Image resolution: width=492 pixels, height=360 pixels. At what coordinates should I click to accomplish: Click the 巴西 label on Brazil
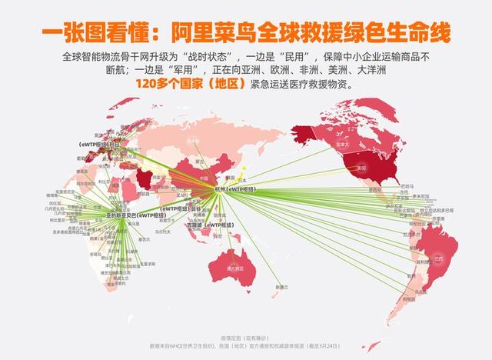click(x=439, y=258)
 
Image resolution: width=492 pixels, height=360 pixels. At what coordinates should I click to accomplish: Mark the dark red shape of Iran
click(x=146, y=179)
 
